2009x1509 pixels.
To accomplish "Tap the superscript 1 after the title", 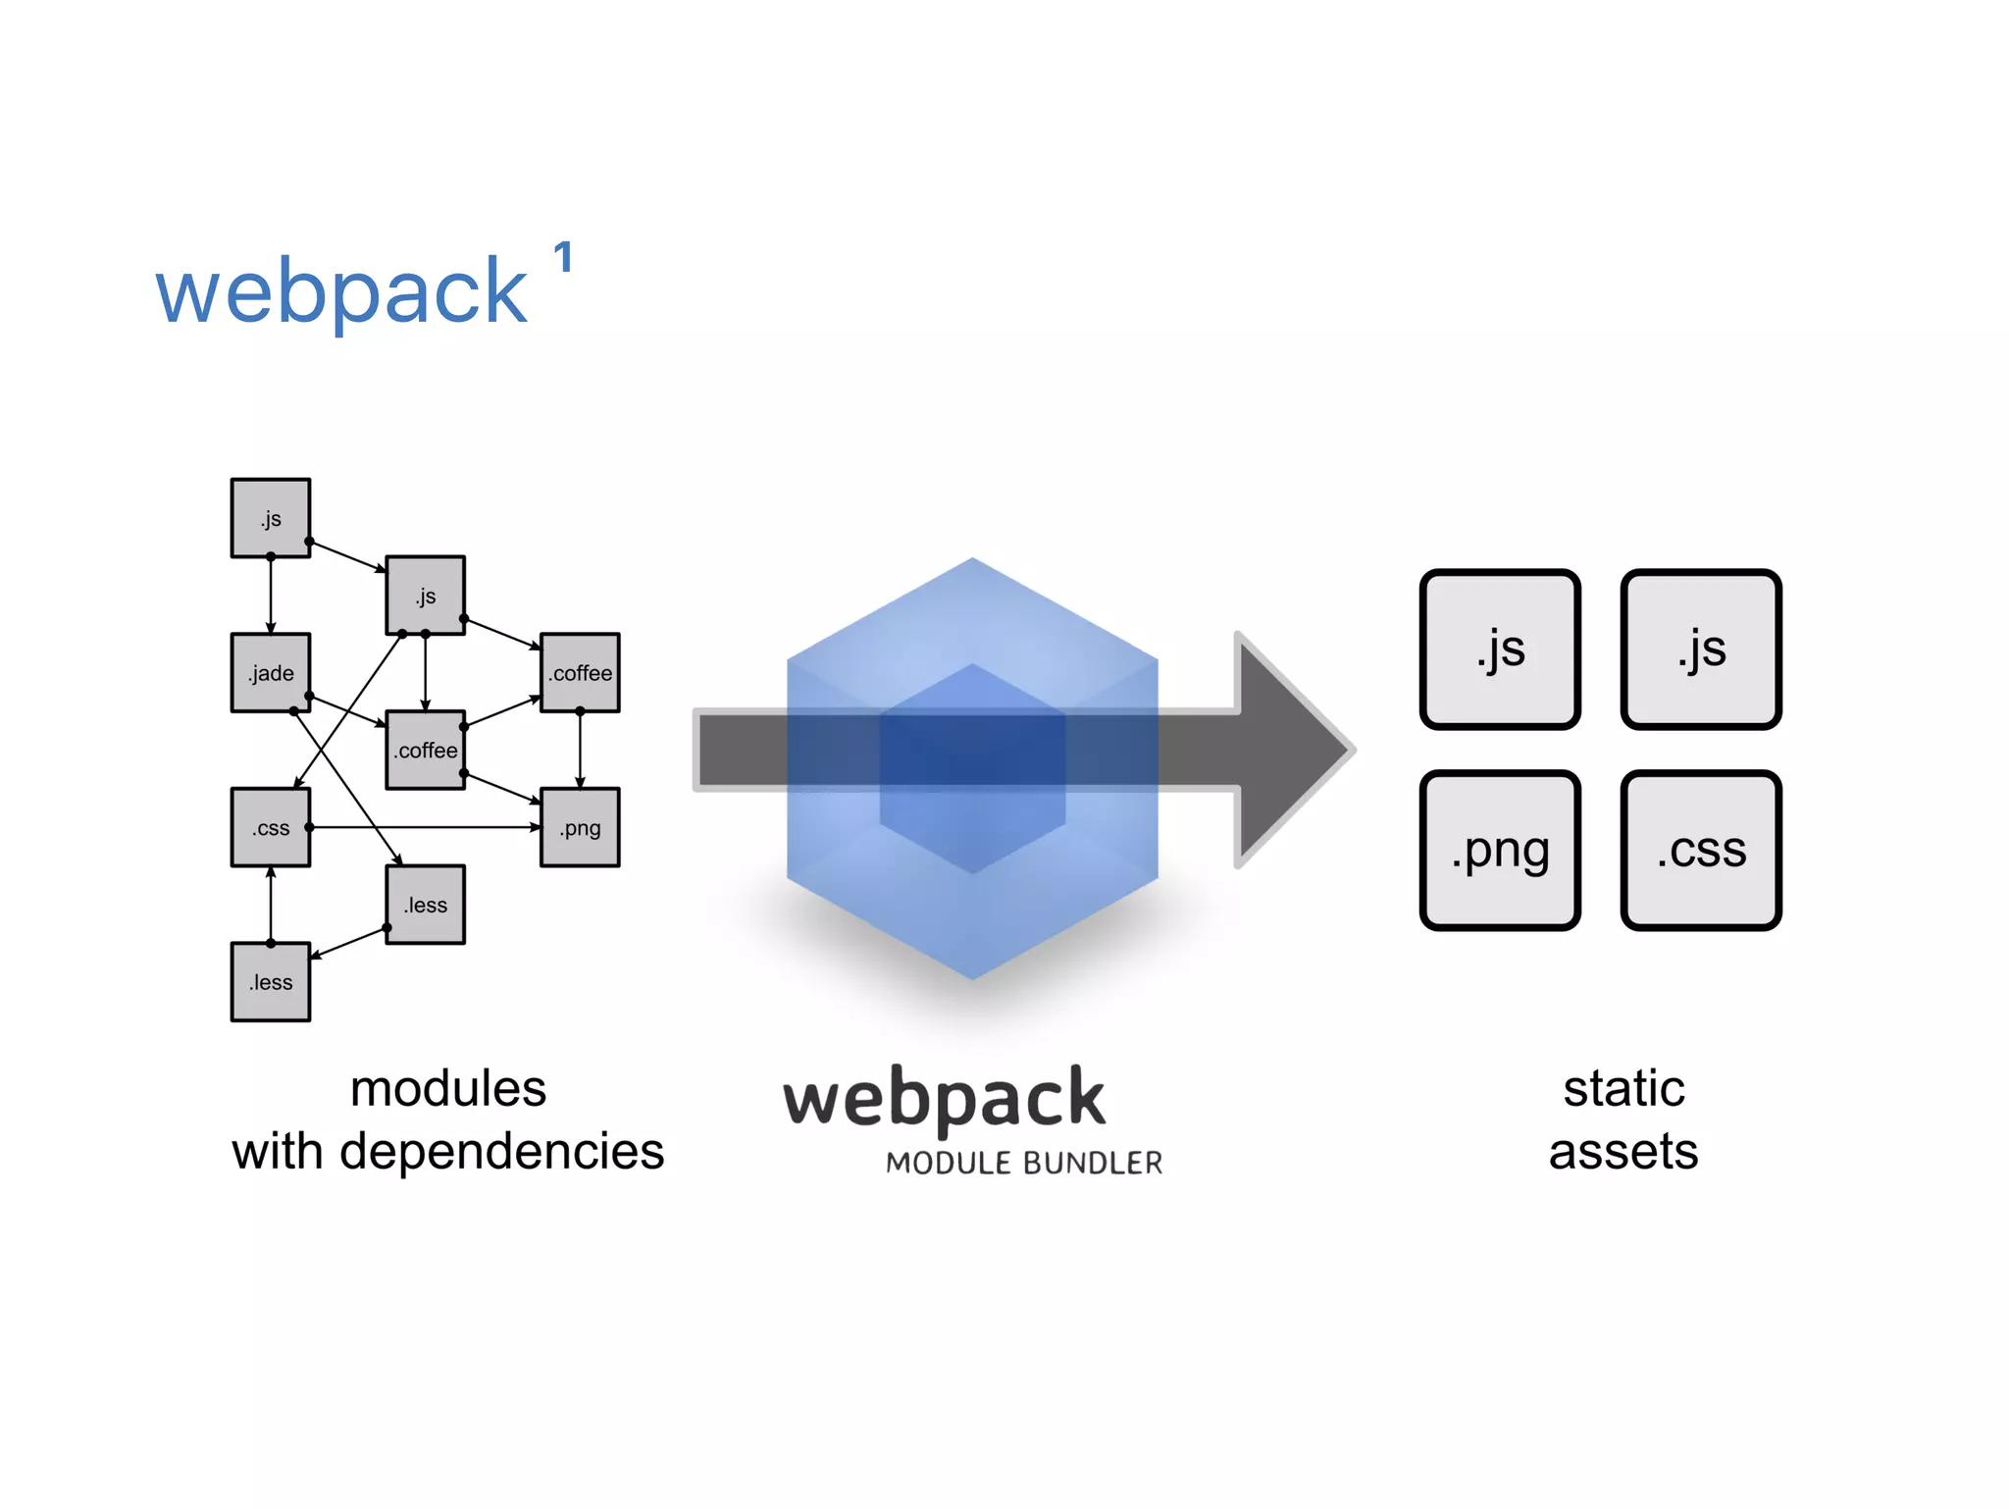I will (x=562, y=258).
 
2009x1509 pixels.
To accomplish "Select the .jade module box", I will (x=271, y=673).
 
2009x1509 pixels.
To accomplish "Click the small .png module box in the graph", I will (x=580, y=827).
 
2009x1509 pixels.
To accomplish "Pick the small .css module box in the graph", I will (x=271, y=827).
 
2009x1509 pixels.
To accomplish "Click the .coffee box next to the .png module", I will (x=580, y=673).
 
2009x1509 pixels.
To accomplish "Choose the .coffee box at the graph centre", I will (x=426, y=751).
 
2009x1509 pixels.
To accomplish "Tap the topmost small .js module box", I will (x=271, y=518).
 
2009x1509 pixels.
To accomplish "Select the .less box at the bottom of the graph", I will (x=271, y=982).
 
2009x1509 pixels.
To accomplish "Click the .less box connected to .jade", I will (x=426, y=905).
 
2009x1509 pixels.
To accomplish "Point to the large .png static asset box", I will (x=1500, y=850).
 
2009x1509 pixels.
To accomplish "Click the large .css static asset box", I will (x=1701, y=850).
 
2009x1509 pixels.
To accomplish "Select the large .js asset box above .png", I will (x=1500, y=650).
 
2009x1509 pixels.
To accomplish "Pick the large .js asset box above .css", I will (x=1701, y=650).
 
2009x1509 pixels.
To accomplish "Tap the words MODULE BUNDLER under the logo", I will (x=1023, y=1164).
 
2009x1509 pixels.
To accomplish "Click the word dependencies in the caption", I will (x=501, y=1151).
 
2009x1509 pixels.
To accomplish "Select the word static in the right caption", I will (x=1623, y=1088).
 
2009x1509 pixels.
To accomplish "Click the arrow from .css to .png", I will (x=422, y=827).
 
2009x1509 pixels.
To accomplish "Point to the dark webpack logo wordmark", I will (x=944, y=1100).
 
